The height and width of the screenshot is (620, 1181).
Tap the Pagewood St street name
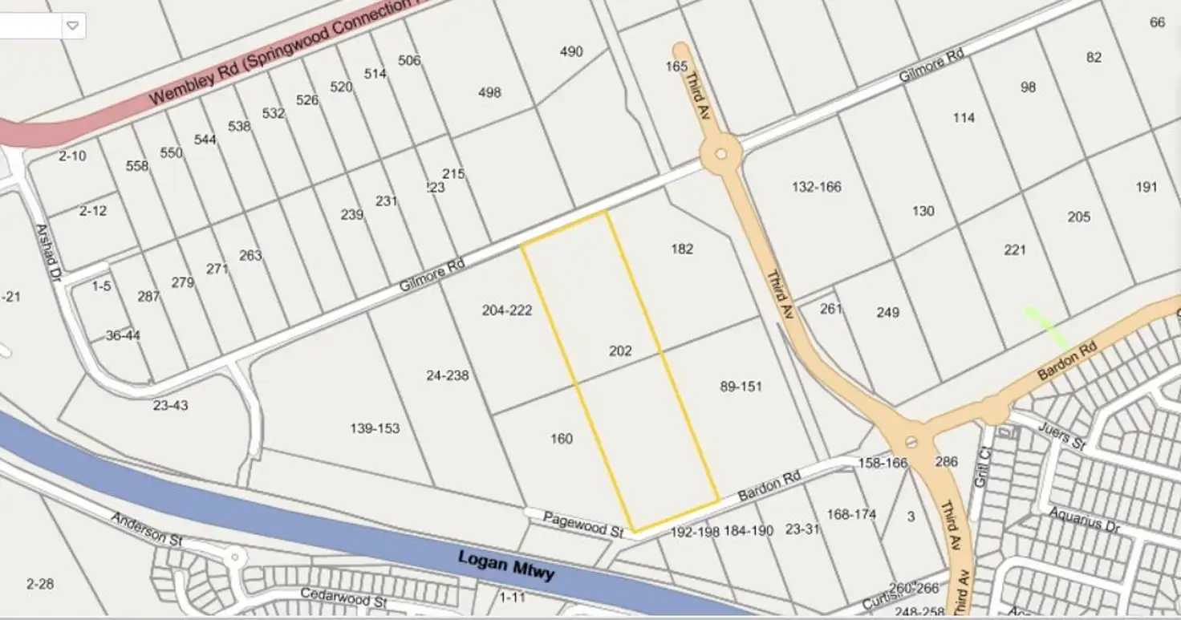click(583, 525)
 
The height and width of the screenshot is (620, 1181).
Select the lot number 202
click(620, 351)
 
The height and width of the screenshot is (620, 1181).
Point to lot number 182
click(682, 249)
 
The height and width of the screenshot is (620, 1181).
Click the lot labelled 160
click(562, 439)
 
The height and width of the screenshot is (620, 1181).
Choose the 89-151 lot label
click(741, 387)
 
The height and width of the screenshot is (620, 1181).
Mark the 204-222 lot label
click(507, 310)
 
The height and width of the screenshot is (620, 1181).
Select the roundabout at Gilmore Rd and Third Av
click(720, 153)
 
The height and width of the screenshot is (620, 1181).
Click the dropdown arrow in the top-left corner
click(72, 26)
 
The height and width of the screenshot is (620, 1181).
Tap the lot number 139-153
click(375, 428)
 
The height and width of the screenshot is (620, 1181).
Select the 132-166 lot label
click(816, 187)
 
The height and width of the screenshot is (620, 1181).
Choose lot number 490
click(571, 52)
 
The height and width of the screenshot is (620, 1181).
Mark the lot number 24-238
click(448, 375)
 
